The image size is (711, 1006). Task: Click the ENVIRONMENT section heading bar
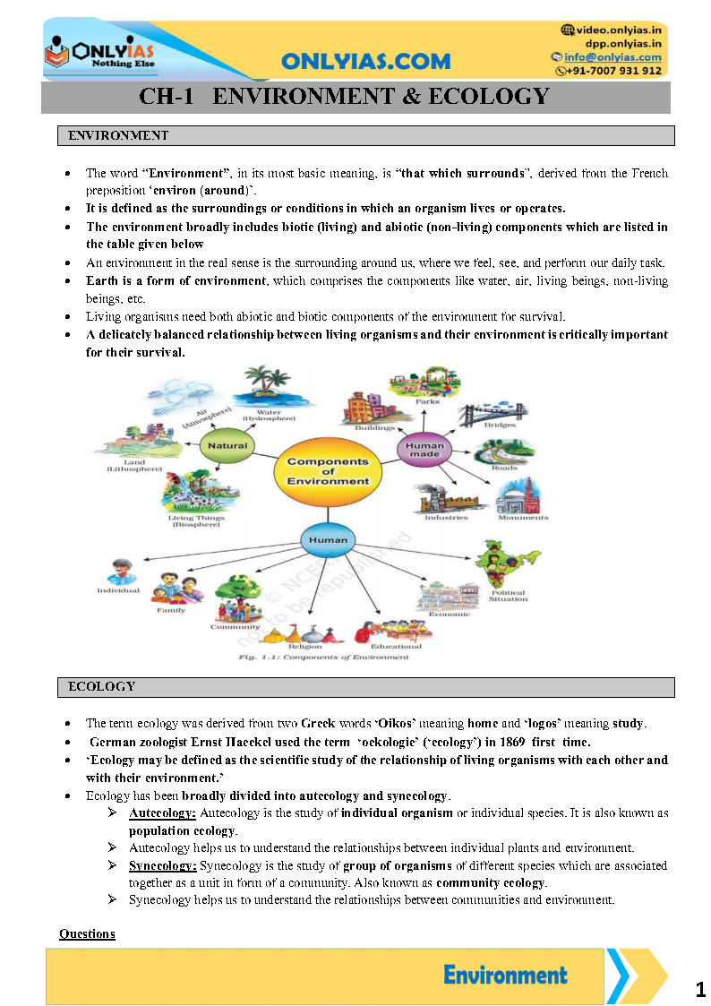coord(365,136)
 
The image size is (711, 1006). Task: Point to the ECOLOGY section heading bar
coord(365,687)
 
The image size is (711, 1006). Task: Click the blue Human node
coord(328,540)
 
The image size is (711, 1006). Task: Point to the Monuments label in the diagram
coord(524,518)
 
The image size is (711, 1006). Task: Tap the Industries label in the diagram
coord(446,518)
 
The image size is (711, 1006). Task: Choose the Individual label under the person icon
coord(119,590)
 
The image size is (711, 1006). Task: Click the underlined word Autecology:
coord(162,813)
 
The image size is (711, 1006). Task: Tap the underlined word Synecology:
coord(162,866)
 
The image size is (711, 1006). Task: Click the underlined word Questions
coord(87,933)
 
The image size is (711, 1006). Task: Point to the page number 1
coord(699,990)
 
